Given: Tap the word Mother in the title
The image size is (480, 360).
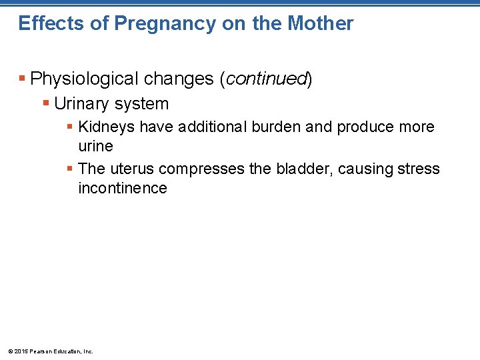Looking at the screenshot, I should click(321, 24).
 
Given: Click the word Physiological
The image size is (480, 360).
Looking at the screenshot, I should click(80, 79).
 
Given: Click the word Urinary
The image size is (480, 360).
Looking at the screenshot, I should click(82, 104).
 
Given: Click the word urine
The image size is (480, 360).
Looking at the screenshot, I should click(95, 146).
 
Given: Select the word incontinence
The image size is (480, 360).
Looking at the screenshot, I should click(122, 188).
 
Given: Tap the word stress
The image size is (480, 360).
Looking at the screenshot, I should click(418, 169).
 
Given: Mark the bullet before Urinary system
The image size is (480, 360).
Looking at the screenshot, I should click(46, 104).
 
